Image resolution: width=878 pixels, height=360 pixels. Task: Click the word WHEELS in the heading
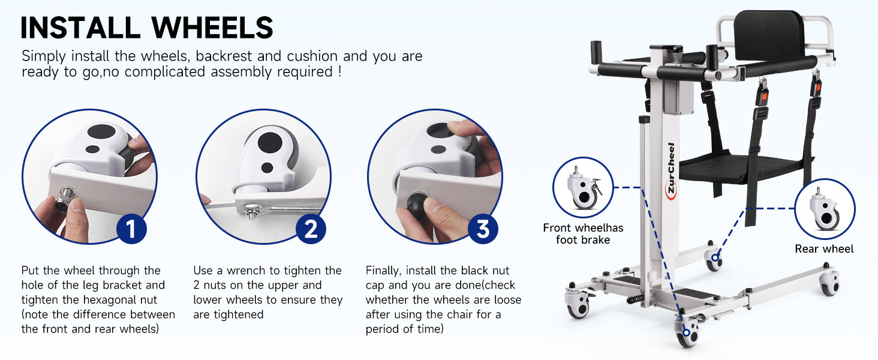(x=212, y=28)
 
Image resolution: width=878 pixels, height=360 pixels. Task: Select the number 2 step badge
(x=311, y=229)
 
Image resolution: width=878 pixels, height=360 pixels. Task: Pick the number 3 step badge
(x=483, y=229)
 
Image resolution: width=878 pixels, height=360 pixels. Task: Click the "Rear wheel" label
(x=824, y=248)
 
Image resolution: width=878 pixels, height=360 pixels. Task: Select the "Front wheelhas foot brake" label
(x=583, y=234)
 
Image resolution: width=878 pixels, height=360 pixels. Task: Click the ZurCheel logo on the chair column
(x=671, y=171)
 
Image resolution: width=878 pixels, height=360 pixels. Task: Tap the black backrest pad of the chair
(x=768, y=35)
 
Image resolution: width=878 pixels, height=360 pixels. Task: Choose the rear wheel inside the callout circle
(x=825, y=209)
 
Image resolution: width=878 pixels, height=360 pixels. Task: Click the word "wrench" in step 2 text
(x=247, y=271)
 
